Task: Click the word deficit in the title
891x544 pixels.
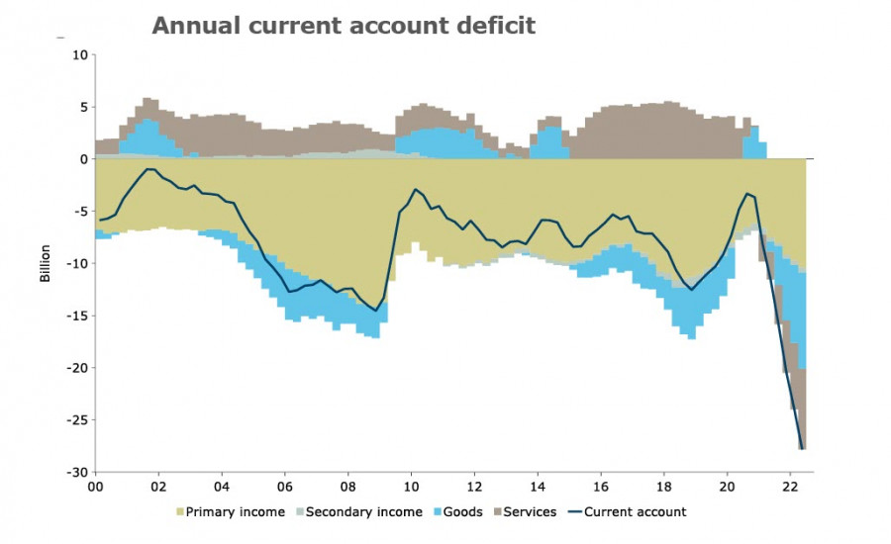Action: coord(496,26)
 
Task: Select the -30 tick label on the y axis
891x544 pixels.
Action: coord(76,472)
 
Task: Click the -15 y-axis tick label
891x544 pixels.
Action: coord(76,316)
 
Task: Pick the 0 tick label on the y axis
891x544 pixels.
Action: coord(83,159)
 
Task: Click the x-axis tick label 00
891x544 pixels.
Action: coord(96,487)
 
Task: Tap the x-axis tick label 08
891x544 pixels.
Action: coord(348,487)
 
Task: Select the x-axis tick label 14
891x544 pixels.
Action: coord(538,487)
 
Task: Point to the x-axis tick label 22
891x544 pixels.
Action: coord(790,487)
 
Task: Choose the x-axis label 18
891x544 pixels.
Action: coord(664,487)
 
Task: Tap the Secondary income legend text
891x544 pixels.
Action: coord(363,512)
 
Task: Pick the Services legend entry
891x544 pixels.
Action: coord(531,512)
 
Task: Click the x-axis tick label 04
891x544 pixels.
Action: coord(222,487)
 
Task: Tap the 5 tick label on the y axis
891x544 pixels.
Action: coord(83,107)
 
